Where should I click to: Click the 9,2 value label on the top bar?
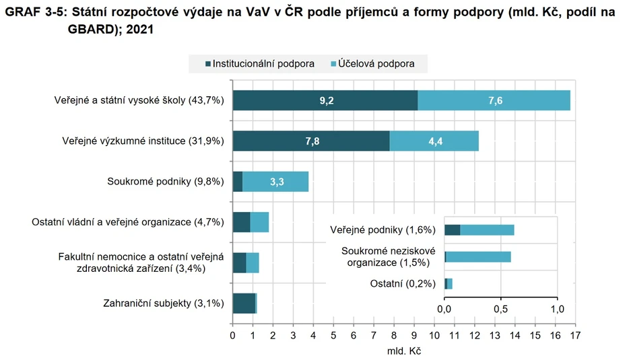tap(327, 100)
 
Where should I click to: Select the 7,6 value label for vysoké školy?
tap(495, 100)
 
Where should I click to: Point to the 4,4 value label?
tap(434, 141)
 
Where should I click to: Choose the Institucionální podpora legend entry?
tap(259, 64)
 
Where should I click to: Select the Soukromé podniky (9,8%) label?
tap(166, 182)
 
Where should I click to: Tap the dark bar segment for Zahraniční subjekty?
tap(243, 303)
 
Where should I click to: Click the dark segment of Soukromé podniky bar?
tap(237, 182)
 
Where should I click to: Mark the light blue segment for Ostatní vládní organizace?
tap(259, 222)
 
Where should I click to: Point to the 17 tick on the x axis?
tap(575, 334)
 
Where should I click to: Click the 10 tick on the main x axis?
tap(434, 334)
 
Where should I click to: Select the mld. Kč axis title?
tap(403, 351)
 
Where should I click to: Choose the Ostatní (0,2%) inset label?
tap(403, 283)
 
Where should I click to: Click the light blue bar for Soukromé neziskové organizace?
tap(478, 256)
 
